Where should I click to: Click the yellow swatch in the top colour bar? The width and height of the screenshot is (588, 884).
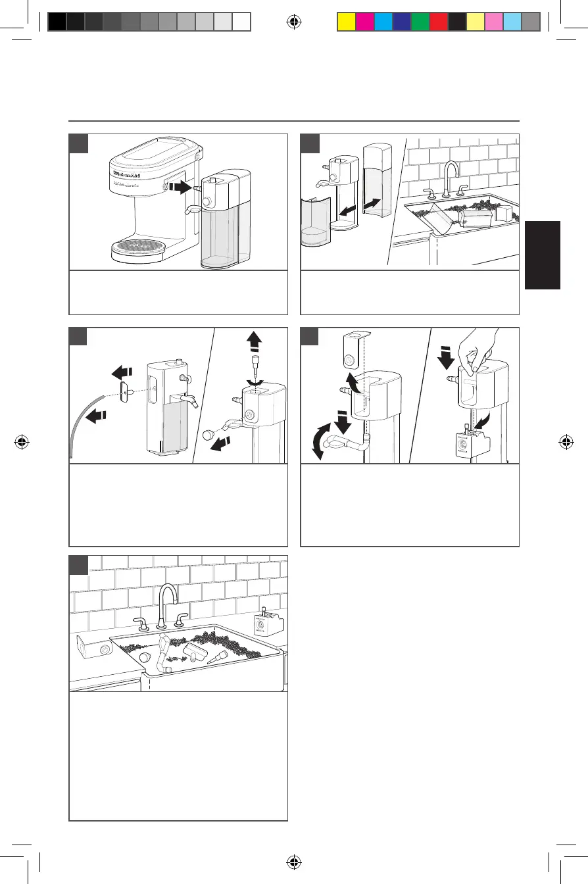pyautogui.click(x=346, y=22)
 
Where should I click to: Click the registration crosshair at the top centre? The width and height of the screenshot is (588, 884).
pyautogui.click(x=294, y=22)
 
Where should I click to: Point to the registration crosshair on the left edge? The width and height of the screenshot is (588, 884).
pyautogui.click(x=22, y=441)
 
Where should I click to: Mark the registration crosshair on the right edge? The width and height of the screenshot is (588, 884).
pyautogui.click(x=566, y=441)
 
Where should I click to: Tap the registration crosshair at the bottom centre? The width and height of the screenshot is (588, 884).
pyautogui.click(x=294, y=861)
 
